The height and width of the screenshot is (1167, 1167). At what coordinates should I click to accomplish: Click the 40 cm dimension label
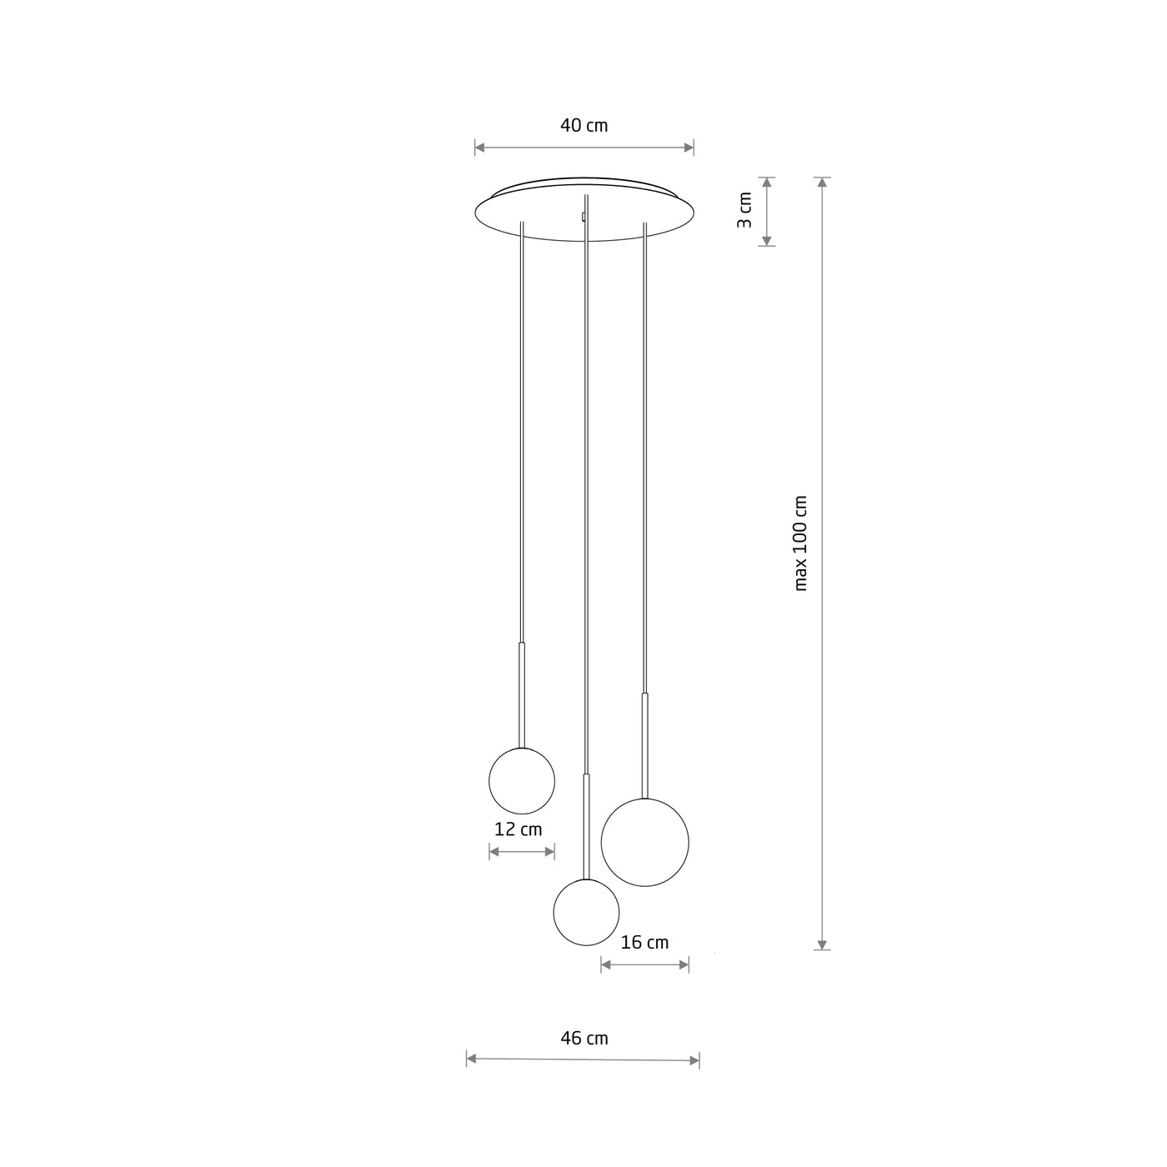click(x=583, y=125)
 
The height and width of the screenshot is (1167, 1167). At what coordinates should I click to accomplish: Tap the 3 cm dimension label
click(x=744, y=209)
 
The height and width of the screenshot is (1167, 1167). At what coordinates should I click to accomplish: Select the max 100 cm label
click(x=800, y=543)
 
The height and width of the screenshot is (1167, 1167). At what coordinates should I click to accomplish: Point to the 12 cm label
click(x=518, y=829)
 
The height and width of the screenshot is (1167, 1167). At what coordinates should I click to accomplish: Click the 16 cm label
click(x=644, y=942)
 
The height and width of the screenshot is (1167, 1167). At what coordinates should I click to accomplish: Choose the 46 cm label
click(x=583, y=1038)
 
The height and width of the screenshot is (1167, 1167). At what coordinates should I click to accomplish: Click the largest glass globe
click(x=644, y=843)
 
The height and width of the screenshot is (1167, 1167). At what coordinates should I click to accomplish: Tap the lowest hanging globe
click(x=586, y=912)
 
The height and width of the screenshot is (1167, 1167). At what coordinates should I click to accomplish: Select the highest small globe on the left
click(x=522, y=781)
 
